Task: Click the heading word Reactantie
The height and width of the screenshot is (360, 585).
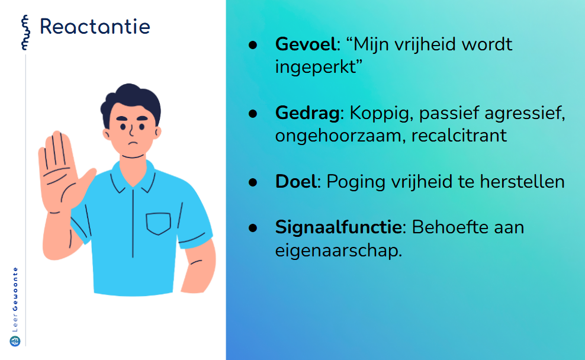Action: pos(95,27)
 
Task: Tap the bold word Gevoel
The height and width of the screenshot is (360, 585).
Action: pos(306,44)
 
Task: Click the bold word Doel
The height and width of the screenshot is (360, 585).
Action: pos(296,182)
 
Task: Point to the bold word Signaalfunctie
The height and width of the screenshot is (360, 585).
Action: pos(339,227)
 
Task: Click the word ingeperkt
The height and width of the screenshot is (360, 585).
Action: pos(315,67)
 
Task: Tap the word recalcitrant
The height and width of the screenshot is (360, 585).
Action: pos(459,136)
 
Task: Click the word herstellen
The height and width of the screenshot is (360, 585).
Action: pos(522,182)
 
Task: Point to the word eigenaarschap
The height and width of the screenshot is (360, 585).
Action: pos(339,250)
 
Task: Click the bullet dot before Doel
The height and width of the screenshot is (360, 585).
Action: pos(253,182)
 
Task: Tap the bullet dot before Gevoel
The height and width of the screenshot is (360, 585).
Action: pos(253,45)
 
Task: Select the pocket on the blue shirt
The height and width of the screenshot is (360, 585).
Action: pos(158,223)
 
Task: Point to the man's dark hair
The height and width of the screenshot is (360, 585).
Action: pos(131,102)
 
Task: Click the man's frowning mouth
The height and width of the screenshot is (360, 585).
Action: pos(133,143)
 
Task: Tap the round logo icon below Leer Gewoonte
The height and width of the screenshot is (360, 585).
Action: pos(15,341)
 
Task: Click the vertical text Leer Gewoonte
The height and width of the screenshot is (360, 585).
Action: pos(15,299)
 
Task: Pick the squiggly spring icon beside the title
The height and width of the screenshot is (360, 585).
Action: pos(25,33)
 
